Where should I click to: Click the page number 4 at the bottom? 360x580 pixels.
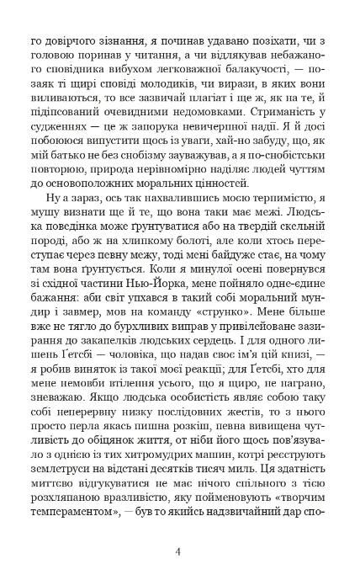point(179,552)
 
